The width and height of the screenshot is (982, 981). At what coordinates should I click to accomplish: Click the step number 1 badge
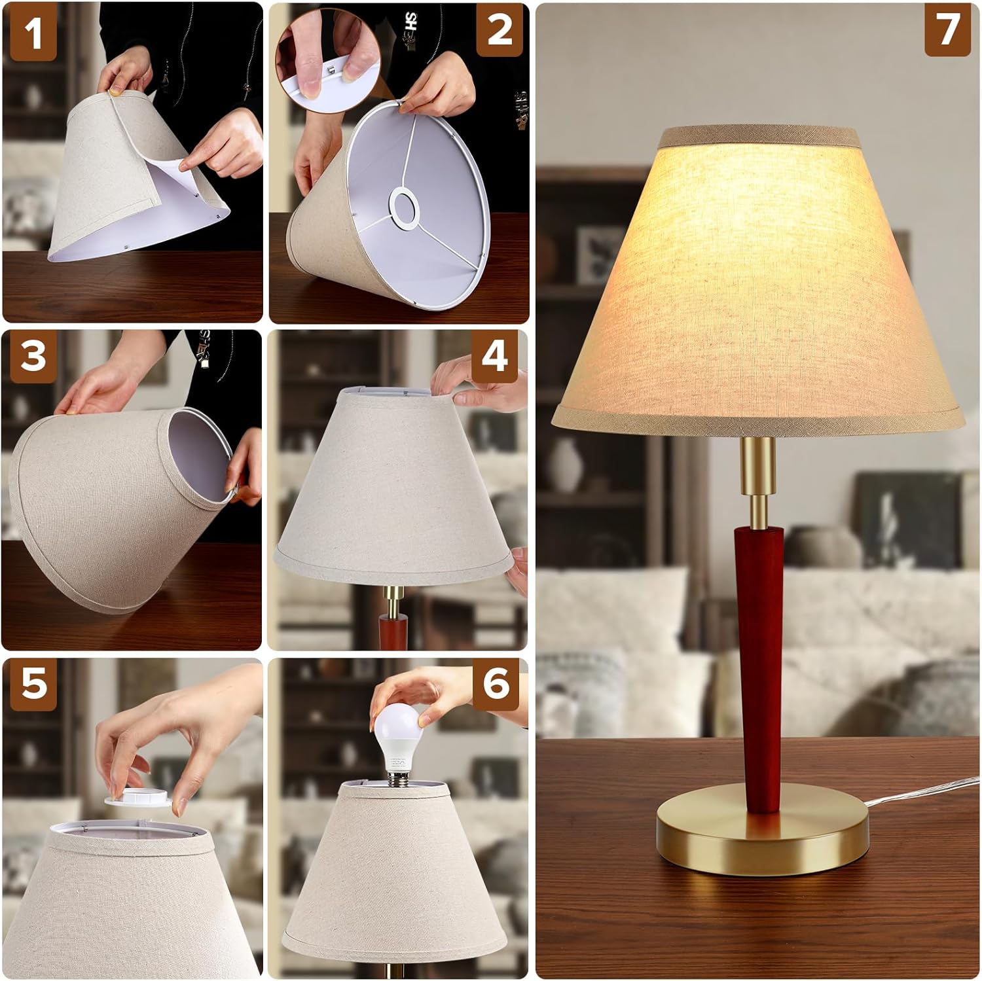pos(33,33)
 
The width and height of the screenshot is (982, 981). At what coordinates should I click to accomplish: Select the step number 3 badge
pos(33,357)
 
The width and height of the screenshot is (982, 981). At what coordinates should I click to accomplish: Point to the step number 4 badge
pos(495,357)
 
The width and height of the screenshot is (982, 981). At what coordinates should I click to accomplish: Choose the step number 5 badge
pos(34,684)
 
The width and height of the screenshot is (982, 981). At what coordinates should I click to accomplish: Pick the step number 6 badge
pos(496,685)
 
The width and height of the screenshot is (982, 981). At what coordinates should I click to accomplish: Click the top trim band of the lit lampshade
pos(759,137)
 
